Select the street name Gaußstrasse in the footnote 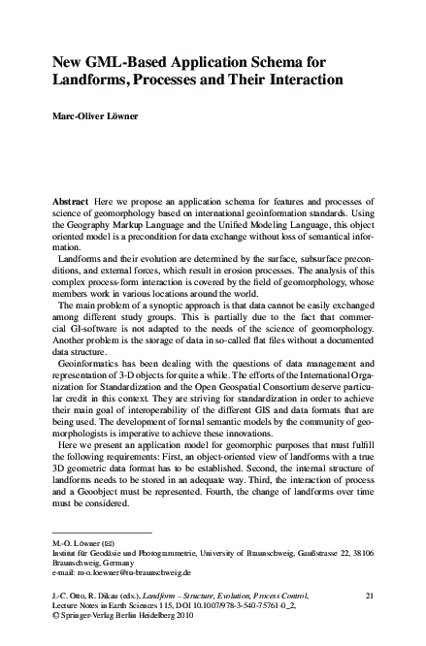point(327,551)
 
